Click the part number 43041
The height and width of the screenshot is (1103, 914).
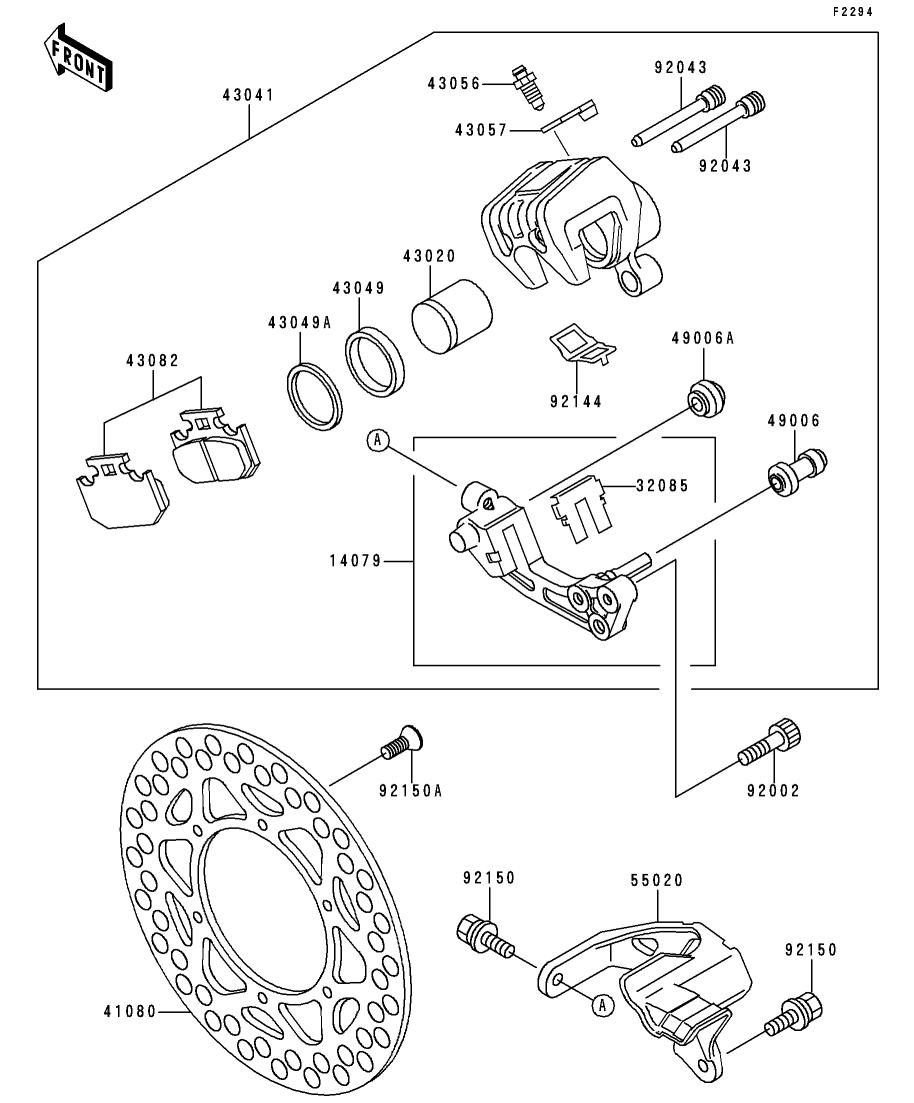(x=248, y=95)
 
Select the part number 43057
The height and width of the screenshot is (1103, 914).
(x=481, y=131)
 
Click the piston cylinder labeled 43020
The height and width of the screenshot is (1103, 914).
(x=452, y=317)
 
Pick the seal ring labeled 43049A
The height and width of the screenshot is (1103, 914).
(x=315, y=397)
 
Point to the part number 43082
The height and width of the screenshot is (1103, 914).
(x=153, y=361)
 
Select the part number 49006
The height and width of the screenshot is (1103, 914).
(x=794, y=421)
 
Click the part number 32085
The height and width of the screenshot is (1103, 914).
(x=662, y=485)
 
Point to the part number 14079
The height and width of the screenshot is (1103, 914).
(x=355, y=561)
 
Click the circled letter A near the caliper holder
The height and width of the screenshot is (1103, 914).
(x=378, y=440)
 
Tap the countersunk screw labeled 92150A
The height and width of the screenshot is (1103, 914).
(x=402, y=743)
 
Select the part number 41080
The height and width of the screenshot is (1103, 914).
(x=130, y=1012)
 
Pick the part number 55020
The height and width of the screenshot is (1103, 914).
(x=656, y=880)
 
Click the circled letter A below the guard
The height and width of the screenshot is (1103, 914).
(x=602, y=1005)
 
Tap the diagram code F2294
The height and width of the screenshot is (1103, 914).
(x=853, y=11)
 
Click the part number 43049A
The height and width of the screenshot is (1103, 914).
(x=299, y=323)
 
